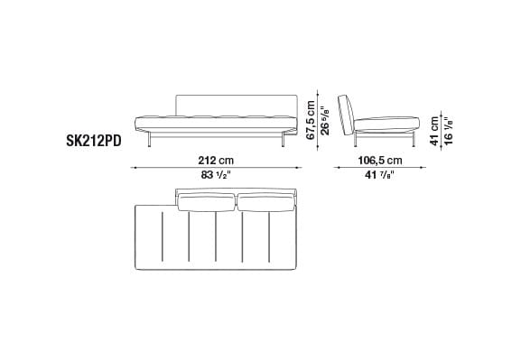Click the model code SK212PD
(x=94, y=141)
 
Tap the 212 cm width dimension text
(x=216, y=161)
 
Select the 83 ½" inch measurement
(x=216, y=175)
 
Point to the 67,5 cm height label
(x=311, y=120)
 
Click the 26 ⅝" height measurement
(x=325, y=120)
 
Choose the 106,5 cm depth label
(x=380, y=161)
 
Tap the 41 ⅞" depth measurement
(x=379, y=175)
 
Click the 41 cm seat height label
(x=434, y=131)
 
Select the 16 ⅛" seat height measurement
(x=449, y=131)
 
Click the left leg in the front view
(x=150, y=139)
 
